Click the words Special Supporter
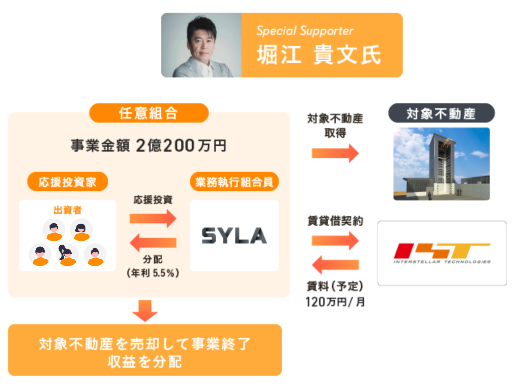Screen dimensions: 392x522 click(305, 31)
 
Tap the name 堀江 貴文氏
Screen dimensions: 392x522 click(319, 55)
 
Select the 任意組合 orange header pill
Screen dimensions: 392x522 click(149, 113)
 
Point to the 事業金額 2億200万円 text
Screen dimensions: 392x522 click(149, 146)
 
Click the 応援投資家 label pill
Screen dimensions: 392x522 click(67, 182)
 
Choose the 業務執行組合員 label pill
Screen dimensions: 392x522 click(234, 182)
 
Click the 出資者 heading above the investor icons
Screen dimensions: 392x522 click(67, 210)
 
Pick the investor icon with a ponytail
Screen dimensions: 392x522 click(67, 254)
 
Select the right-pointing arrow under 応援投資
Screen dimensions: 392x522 click(153, 219)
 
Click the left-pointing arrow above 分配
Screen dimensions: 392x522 click(153, 242)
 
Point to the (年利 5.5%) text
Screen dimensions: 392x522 click(153, 273)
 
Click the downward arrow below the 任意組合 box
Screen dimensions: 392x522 click(145, 310)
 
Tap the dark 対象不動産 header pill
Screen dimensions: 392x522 click(441, 113)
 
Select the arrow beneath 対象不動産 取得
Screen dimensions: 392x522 click(335, 153)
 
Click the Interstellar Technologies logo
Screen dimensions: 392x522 click(442, 253)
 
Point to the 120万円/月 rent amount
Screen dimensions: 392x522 click(335, 302)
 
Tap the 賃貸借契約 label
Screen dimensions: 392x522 click(335, 221)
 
